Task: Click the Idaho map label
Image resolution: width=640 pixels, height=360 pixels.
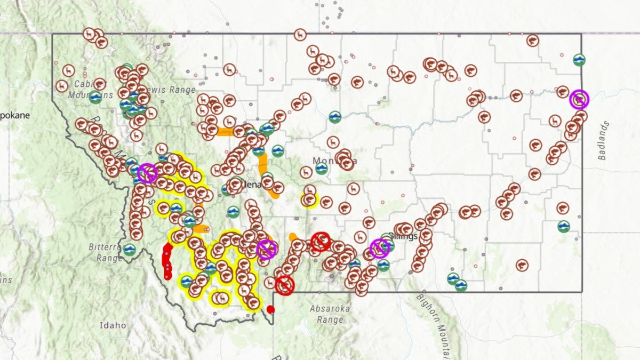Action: click(113, 325)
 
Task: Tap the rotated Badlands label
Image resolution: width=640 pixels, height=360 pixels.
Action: click(603, 140)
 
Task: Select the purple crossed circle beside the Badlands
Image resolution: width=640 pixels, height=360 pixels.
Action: click(579, 99)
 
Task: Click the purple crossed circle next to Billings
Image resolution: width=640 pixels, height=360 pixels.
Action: click(379, 248)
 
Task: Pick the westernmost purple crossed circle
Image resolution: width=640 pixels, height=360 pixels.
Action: click(147, 173)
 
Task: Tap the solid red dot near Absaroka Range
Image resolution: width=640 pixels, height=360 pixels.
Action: click(270, 309)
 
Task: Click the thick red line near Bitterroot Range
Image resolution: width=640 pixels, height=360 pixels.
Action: click(167, 261)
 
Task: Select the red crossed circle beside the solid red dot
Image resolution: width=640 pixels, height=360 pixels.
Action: click(285, 285)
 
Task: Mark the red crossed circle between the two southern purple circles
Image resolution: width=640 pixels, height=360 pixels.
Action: click(321, 241)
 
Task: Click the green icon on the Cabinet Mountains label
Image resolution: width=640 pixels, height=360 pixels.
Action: click(95, 97)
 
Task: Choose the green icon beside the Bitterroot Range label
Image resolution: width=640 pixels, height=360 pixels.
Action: click(130, 250)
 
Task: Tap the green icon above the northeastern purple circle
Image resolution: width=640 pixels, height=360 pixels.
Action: click(579, 60)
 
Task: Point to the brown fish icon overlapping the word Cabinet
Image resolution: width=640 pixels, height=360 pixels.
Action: click(99, 84)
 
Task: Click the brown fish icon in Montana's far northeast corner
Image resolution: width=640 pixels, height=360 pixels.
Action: click(532, 41)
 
